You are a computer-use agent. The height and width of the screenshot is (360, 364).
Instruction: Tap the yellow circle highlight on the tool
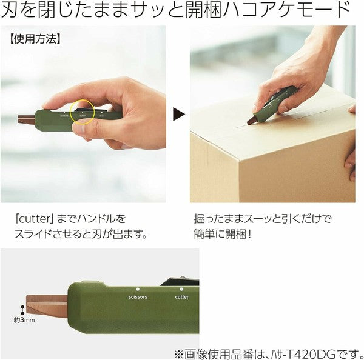(x=83, y=112)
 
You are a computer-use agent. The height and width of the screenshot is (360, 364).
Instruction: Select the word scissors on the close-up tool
(x=138, y=298)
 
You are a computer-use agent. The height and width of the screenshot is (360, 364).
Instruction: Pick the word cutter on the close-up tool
(x=182, y=297)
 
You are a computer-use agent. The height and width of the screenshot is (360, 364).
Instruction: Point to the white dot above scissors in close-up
(x=138, y=289)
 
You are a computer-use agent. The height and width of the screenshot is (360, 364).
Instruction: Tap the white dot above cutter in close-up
(x=182, y=288)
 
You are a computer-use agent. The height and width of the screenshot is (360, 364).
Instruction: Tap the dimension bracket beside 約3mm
(x=24, y=305)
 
